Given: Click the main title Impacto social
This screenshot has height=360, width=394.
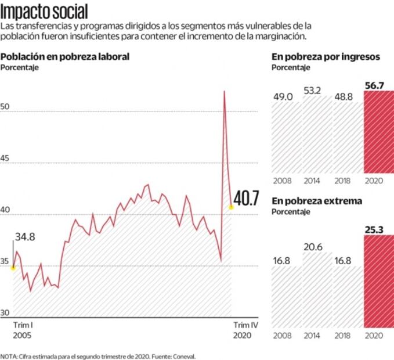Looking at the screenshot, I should pyautogui.click(x=45, y=11).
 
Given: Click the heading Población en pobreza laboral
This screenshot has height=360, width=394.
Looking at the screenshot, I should pyautogui.click(x=65, y=57).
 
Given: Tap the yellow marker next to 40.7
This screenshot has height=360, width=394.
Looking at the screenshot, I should pyautogui.click(x=231, y=207).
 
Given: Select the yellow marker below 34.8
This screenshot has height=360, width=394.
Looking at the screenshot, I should pyautogui.click(x=13, y=268).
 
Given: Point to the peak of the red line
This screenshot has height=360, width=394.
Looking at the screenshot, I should pyautogui.click(x=224, y=91).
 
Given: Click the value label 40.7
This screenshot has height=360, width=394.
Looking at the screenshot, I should pyautogui.click(x=247, y=199).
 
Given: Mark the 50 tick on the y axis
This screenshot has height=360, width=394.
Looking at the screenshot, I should pyautogui.click(x=7, y=109).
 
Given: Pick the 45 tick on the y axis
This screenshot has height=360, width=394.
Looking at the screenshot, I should pyautogui.click(x=7, y=161).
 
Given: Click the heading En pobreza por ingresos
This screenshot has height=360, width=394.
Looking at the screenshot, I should pyautogui.click(x=326, y=57).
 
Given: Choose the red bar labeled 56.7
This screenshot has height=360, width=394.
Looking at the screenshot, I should pyautogui.click(x=378, y=134).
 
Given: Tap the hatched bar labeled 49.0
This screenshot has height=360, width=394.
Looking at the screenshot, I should pyautogui.click(x=285, y=136).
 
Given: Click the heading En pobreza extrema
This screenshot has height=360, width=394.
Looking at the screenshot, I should pyautogui.click(x=317, y=201).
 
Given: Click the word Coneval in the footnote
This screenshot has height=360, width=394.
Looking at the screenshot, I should pyautogui.click(x=183, y=356).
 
